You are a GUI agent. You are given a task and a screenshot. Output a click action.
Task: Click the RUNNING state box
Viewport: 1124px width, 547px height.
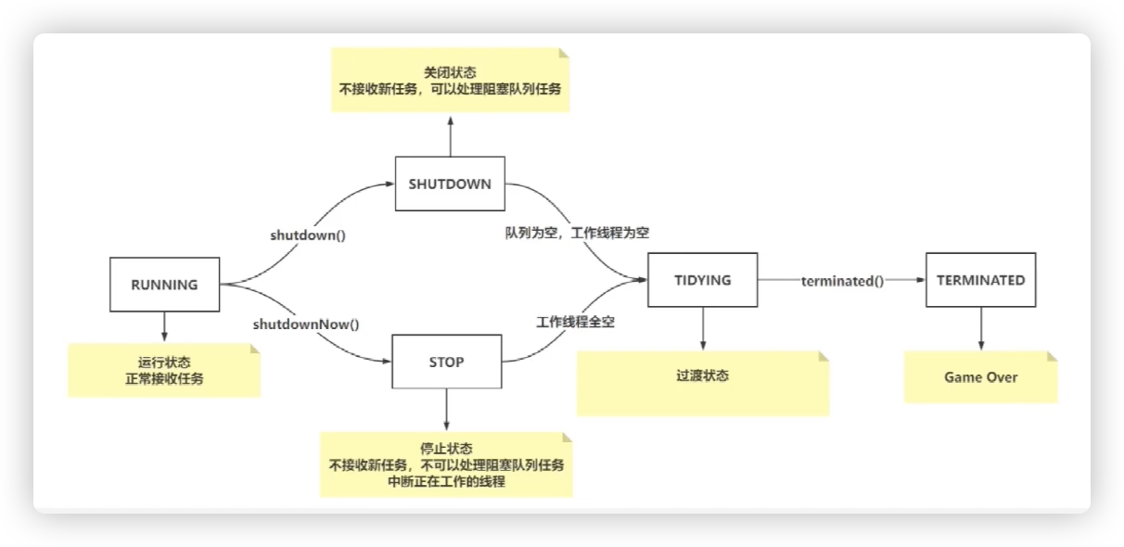click(x=164, y=285)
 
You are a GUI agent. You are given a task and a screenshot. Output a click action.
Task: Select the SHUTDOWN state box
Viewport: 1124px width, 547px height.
click(x=450, y=184)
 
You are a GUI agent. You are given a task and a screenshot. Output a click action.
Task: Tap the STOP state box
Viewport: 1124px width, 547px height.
click(x=447, y=362)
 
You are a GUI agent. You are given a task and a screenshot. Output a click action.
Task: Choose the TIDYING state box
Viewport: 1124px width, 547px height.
click(x=702, y=280)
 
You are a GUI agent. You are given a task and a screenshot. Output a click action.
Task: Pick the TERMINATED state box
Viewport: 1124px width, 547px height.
click(x=980, y=280)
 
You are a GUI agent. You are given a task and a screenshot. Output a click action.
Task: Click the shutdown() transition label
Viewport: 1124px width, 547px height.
click(x=308, y=235)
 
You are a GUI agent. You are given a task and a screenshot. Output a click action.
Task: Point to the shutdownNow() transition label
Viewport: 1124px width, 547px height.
click(x=306, y=324)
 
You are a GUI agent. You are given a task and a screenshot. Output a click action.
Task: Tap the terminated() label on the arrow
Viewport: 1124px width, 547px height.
click(x=842, y=281)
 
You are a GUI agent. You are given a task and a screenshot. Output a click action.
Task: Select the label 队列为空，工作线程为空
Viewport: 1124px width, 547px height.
click(x=571, y=233)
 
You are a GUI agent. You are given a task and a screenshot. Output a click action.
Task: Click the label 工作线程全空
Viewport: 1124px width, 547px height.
click(x=575, y=323)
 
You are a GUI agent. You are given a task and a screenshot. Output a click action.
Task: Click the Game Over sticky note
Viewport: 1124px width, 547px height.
click(x=980, y=377)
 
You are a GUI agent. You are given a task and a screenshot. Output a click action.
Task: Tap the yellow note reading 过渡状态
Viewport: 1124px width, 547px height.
click(x=702, y=377)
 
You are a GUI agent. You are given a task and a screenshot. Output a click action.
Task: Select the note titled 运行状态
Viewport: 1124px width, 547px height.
click(x=163, y=369)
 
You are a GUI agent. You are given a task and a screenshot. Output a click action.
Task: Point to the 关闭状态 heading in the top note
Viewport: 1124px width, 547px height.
click(x=450, y=72)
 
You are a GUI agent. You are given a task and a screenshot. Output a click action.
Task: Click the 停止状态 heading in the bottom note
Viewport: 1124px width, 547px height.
click(x=446, y=447)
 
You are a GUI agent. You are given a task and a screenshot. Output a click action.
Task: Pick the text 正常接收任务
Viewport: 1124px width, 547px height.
click(x=163, y=378)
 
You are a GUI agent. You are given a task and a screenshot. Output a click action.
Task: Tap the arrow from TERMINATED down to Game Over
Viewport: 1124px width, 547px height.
click(x=980, y=329)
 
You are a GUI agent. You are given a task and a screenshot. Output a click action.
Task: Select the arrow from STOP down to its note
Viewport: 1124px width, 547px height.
click(x=447, y=410)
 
